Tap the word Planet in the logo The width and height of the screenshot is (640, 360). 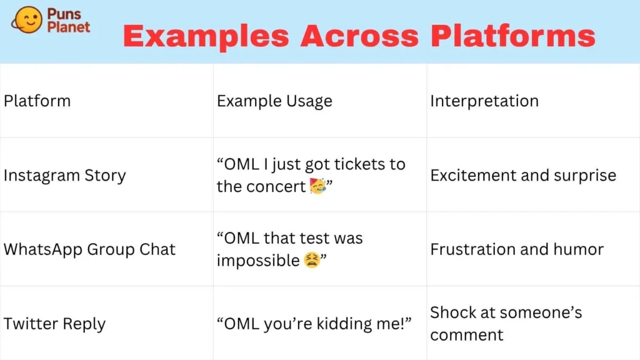69,27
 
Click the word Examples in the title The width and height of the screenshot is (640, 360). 206,36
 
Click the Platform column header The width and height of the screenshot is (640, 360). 37,101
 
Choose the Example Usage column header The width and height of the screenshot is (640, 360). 274,101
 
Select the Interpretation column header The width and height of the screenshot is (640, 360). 484,101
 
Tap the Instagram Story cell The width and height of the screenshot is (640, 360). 64,176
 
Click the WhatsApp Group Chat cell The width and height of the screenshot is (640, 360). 89,249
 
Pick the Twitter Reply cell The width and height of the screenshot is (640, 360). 54,324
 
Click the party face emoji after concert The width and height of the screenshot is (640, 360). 317,186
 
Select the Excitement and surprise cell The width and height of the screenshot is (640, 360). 522,176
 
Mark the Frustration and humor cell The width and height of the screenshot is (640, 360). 516,249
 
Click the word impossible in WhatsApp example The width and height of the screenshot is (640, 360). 258,261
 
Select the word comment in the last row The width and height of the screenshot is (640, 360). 466,335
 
